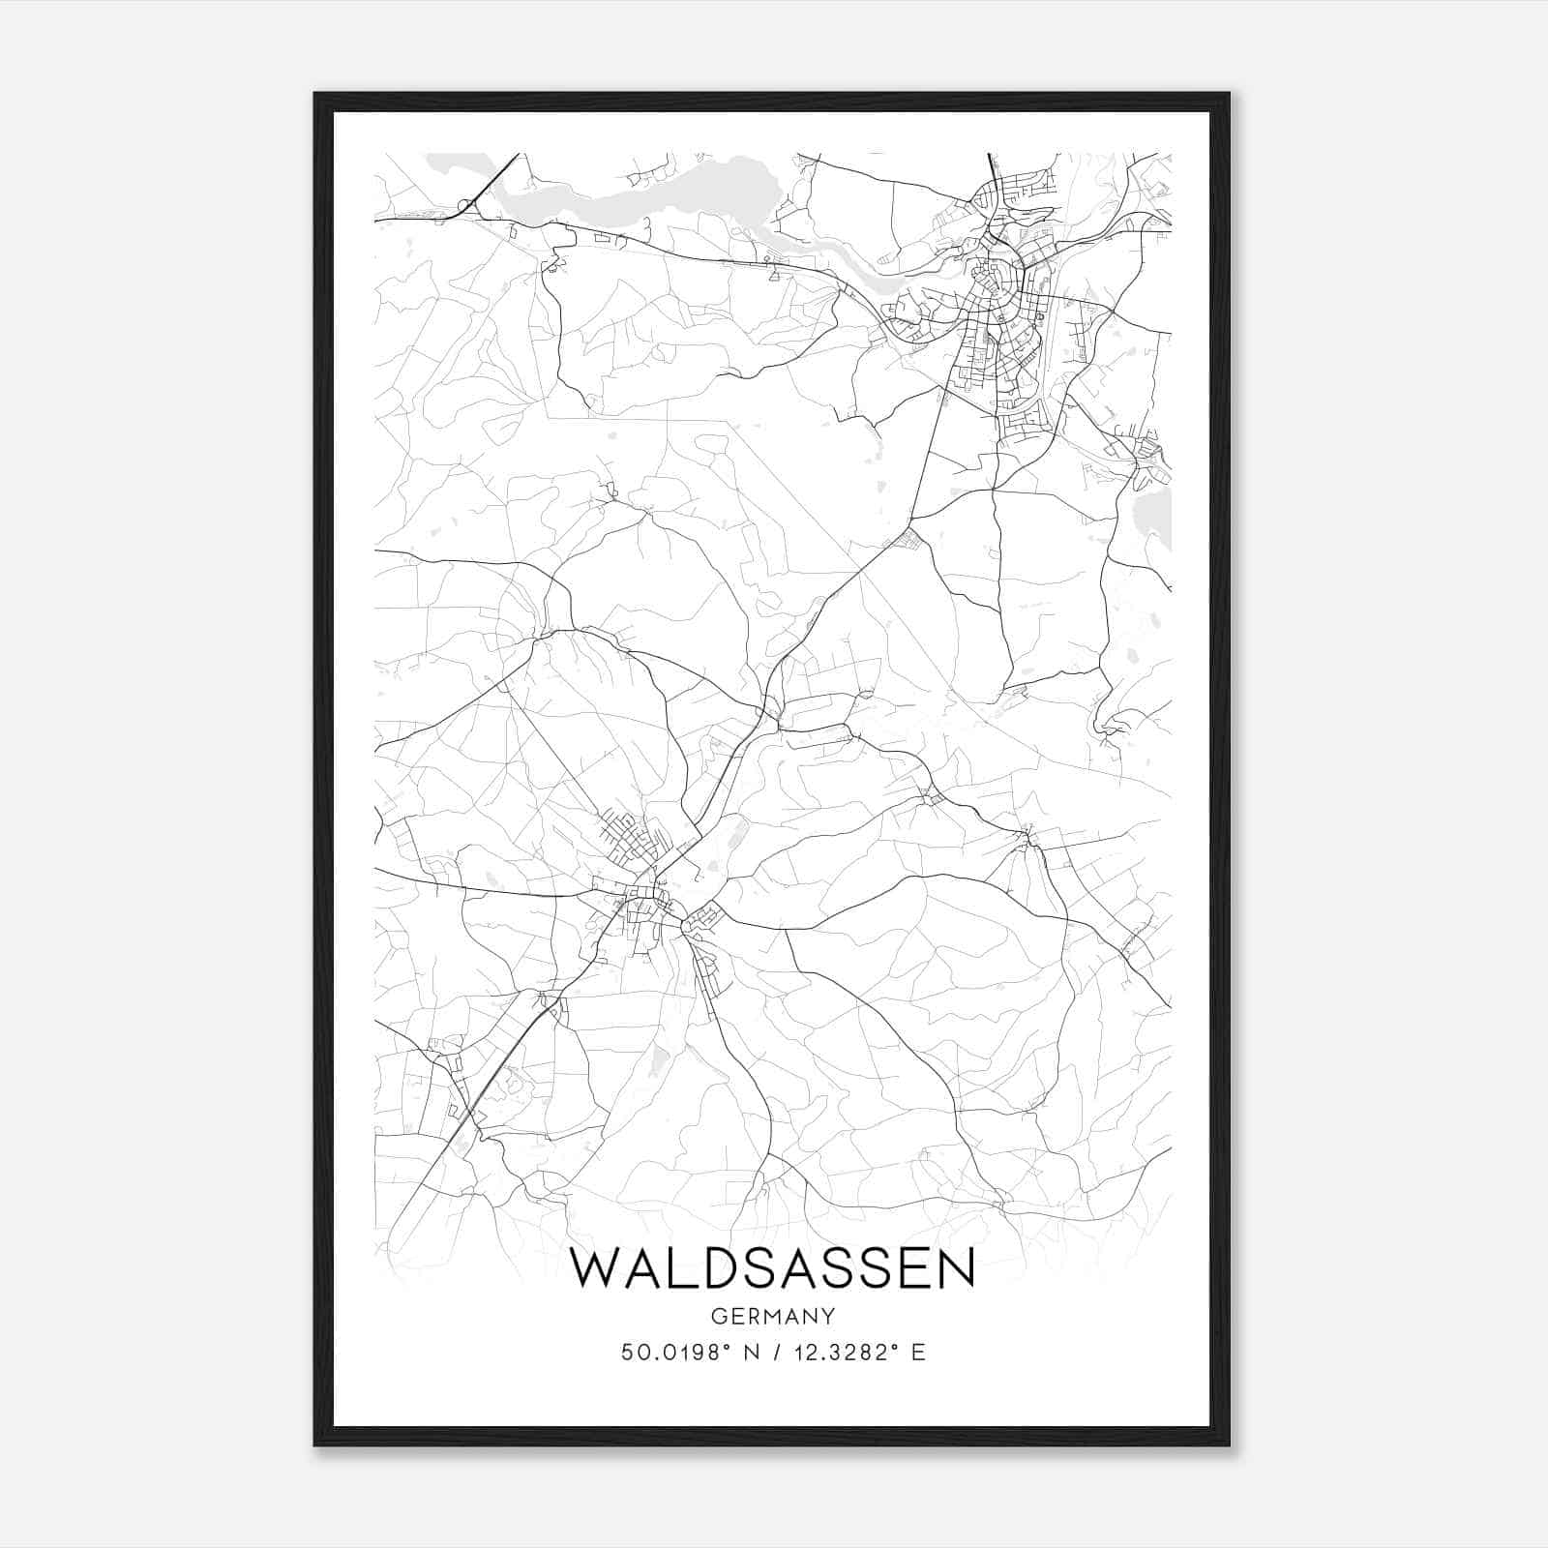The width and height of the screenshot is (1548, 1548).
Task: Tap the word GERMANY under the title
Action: [773, 1316]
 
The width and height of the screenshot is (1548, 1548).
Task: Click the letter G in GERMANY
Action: [718, 1316]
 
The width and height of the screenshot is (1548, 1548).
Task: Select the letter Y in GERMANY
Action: [828, 1316]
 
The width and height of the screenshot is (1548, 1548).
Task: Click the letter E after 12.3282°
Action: [918, 1352]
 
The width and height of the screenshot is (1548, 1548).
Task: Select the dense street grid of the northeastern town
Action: [997, 310]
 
